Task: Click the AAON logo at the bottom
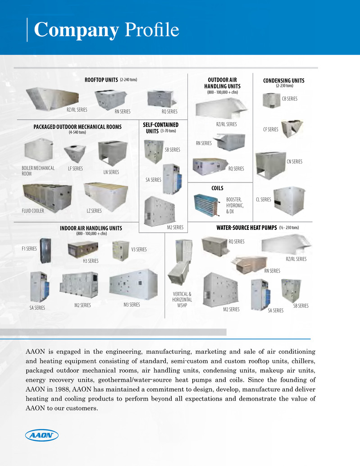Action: click(x=41, y=436)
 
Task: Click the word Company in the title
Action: click(x=77, y=30)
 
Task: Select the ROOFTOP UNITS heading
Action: click(x=101, y=80)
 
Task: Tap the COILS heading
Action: click(x=217, y=188)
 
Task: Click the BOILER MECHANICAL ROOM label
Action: click(x=38, y=171)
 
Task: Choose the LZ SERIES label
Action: click(x=94, y=210)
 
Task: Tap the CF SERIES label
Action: click(x=271, y=130)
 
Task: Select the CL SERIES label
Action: click(x=264, y=199)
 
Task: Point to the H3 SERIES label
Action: click(x=91, y=261)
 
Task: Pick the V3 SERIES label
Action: click(x=139, y=249)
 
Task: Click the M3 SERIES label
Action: click(x=132, y=305)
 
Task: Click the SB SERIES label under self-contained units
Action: click(x=173, y=149)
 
